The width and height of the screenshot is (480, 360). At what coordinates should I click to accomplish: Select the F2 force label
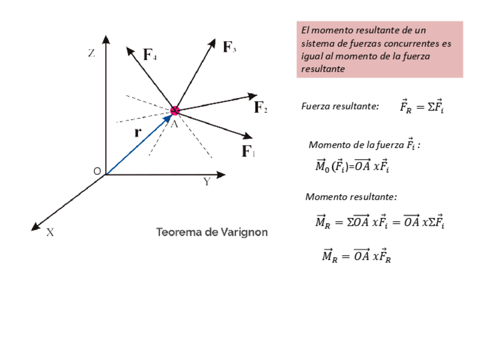pos(260,107)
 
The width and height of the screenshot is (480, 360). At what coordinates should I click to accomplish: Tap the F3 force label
pos(229,47)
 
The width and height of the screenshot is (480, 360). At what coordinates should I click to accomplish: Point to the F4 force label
pos(150,55)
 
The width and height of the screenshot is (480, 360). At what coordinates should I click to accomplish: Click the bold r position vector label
pos(137,133)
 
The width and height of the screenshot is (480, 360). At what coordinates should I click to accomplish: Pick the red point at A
pos(175,110)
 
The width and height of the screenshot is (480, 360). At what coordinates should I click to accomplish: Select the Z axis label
pos(91,54)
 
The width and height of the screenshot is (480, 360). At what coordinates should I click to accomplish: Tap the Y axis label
pos(207,182)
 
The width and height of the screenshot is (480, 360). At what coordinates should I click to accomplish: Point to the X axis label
pos(50,232)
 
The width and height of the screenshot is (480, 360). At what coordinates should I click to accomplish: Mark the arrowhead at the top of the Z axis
pos(106,40)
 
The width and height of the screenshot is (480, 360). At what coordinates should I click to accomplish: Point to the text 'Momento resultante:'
pos(351,197)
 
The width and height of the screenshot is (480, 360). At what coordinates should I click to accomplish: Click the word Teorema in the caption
pos(178,233)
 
